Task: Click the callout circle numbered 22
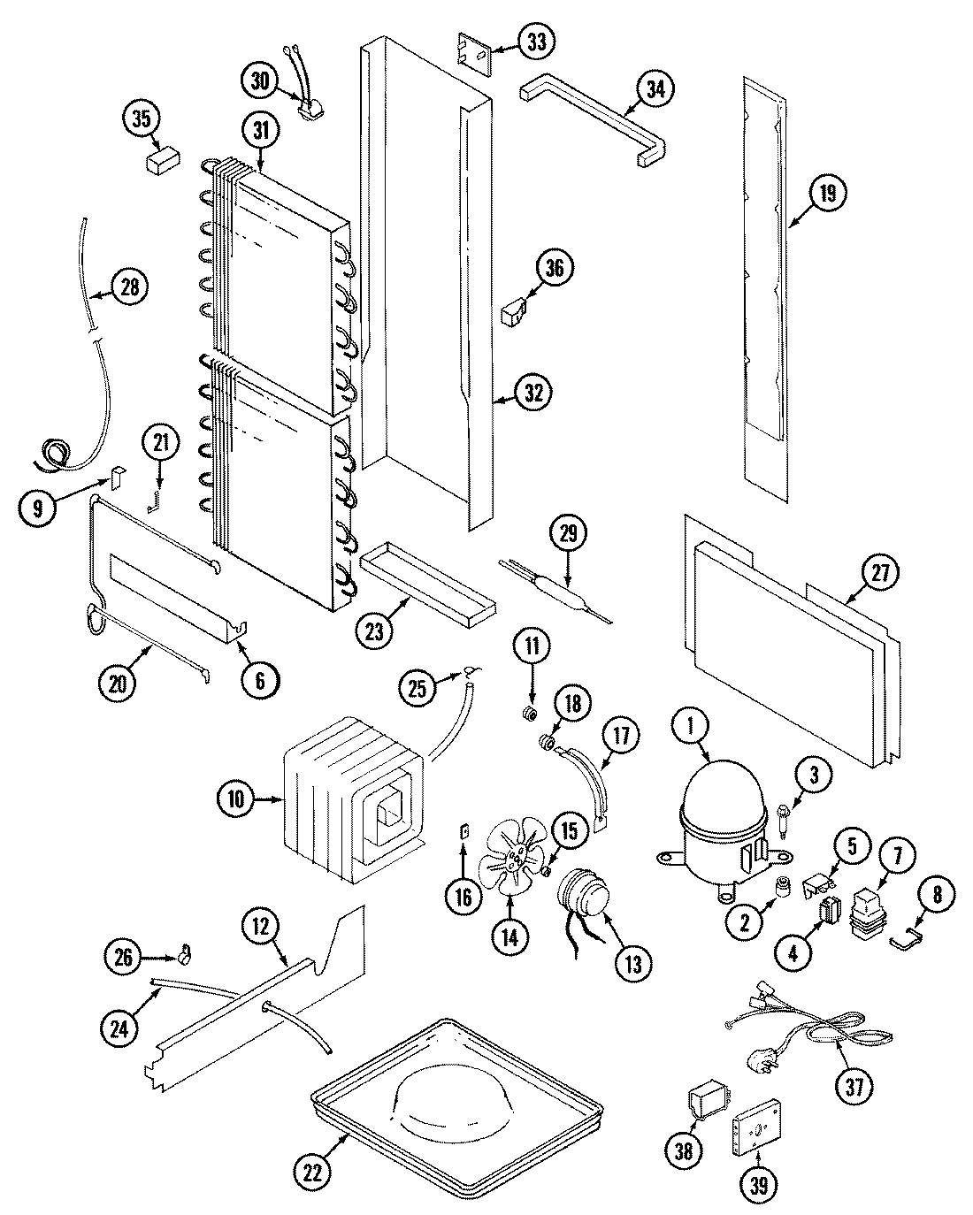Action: pyautogui.click(x=318, y=1172)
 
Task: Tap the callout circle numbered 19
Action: pyautogui.click(x=827, y=193)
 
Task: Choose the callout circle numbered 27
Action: pyautogui.click(x=880, y=573)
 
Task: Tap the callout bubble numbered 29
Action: pyautogui.click(x=568, y=533)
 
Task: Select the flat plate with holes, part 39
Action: pyautogui.click(x=755, y=1129)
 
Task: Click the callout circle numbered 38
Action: pyautogui.click(x=685, y=1150)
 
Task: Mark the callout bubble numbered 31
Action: pyautogui.click(x=259, y=130)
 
